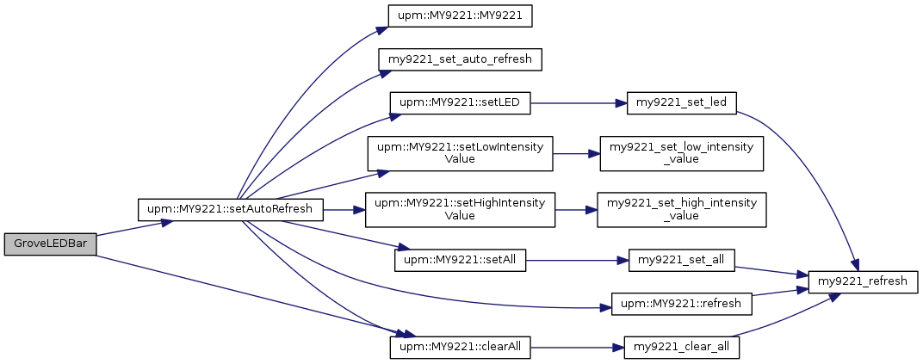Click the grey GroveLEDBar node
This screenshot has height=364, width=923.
coord(50,244)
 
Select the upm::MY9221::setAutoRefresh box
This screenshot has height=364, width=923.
coord(230,210)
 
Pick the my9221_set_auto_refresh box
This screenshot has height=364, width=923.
coord(460,59)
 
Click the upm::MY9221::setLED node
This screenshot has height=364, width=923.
coord(460,103)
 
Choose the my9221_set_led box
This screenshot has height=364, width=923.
coord(682,103)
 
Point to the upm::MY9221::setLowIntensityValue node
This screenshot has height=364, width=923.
coord(460,153)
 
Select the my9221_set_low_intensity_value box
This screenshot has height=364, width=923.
coord(682,153)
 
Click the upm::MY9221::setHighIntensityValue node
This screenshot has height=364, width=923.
coord(460,210)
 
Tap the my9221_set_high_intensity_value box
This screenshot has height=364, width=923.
coord(682,210)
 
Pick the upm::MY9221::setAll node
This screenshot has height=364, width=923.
coord(460,260)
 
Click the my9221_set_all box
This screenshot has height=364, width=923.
coord(682,260)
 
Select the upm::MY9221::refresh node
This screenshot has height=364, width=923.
coord(682,304)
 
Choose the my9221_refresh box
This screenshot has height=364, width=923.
coord(863,281)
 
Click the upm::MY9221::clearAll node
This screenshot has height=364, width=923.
coord(460,348)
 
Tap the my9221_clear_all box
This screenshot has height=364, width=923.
coord(682,348)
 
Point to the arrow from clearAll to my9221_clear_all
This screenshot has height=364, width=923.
coord(578,348)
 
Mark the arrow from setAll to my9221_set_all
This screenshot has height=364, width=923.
coord(577,260)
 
